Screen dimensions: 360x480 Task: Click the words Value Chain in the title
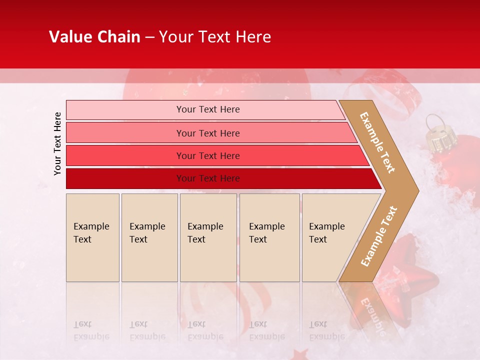coord(94,37)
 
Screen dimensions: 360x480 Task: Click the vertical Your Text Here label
coord(57,143)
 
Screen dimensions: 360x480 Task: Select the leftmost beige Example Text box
coord(92,237)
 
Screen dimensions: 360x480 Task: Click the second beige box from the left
coord(149,237)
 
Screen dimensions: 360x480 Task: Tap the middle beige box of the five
coord(208,237)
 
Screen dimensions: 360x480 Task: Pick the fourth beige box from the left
coord(269,237)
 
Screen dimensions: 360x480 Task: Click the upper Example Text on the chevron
coord(378,142)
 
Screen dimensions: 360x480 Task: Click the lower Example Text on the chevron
coord(379,236)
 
